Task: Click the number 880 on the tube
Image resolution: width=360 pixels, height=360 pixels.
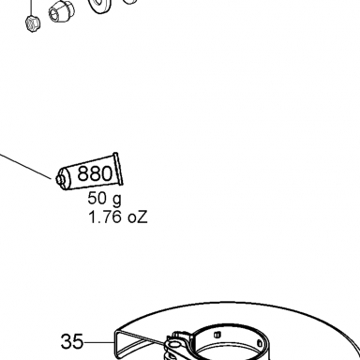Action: pos(95,173)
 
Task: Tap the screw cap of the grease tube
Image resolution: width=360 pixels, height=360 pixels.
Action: pos(60,179)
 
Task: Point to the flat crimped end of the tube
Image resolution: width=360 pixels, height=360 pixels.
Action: pos(118,169)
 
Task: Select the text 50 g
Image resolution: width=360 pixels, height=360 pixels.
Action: pos(104,199)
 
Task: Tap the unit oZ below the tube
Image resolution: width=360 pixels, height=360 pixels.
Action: pos(138,217)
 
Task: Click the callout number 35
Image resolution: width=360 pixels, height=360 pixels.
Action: pos(72,341)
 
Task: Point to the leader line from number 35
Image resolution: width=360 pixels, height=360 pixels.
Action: pos(99,342)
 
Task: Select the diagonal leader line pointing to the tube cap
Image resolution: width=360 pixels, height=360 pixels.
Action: pos(25,166)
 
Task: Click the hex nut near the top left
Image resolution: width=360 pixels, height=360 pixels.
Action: pos(33,23)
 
